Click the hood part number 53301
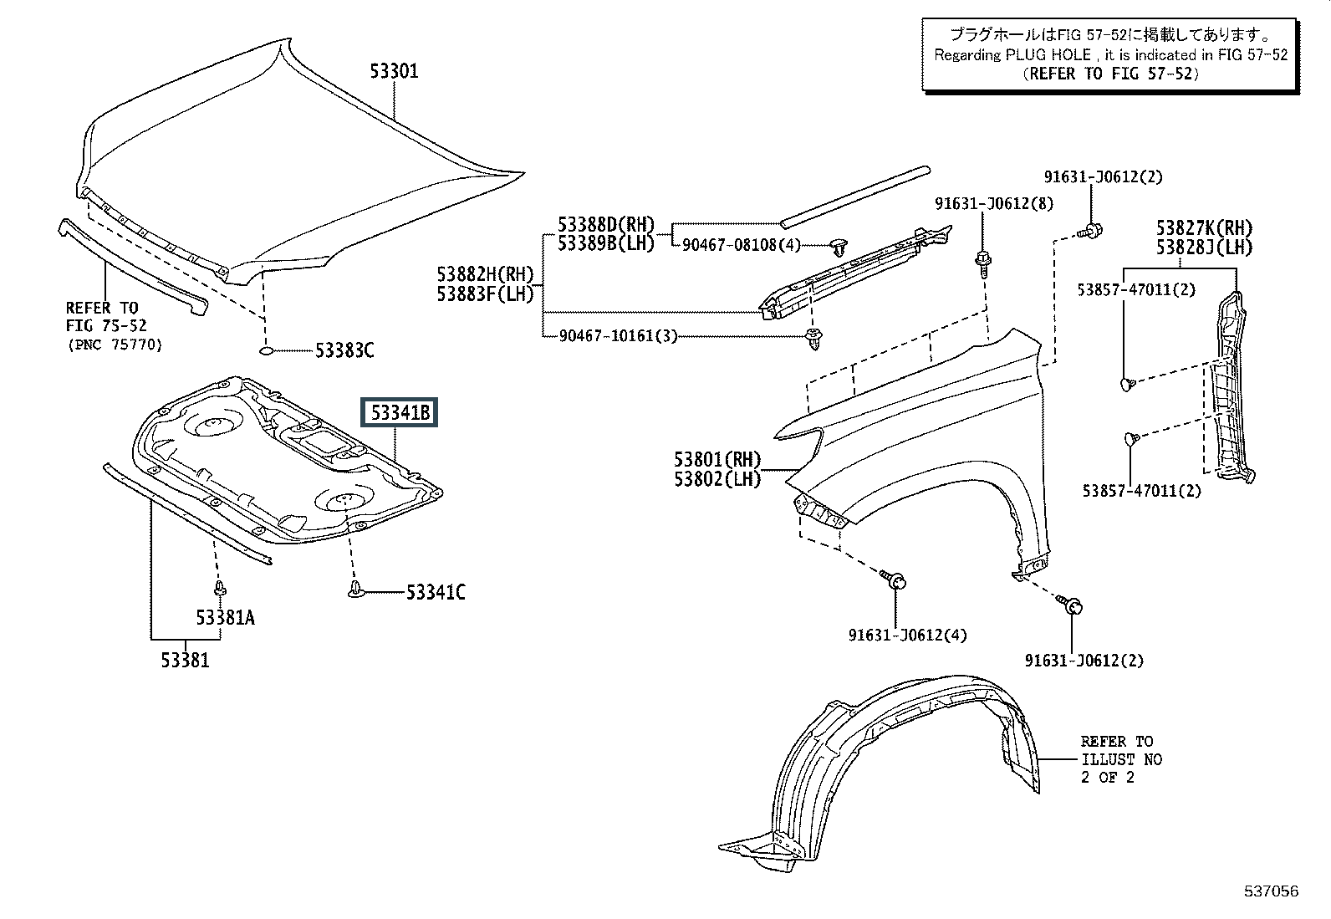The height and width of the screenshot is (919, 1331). click(394, 71)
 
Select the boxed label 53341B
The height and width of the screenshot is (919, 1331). click(400, 412)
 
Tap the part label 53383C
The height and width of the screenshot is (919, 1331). click(344, 350)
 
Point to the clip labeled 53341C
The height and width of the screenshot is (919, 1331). click(356, 590)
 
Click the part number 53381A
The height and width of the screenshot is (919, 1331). click(225, 618)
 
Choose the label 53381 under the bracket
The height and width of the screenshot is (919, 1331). click(185, 661)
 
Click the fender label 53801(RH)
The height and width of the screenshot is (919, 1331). click(717, 460)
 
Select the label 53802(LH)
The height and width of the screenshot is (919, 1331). click(717, 479)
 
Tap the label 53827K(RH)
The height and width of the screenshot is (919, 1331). click(1204, 227)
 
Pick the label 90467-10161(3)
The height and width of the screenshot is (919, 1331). click(618, 336)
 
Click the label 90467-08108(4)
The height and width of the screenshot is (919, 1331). click(741, 245)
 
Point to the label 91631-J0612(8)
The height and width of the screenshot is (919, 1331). click(994, 204)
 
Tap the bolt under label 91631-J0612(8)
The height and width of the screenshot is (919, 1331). click(983, 263)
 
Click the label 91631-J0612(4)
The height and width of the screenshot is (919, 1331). click(907, 636)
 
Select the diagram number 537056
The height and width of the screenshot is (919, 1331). click(1272, 891)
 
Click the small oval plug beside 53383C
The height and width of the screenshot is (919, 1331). click(266, 350)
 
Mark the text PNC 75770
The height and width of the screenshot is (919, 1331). click(115, 345)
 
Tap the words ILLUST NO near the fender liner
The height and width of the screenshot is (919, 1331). click(1121, 759)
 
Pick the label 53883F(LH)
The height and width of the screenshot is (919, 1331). click(486, 294)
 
